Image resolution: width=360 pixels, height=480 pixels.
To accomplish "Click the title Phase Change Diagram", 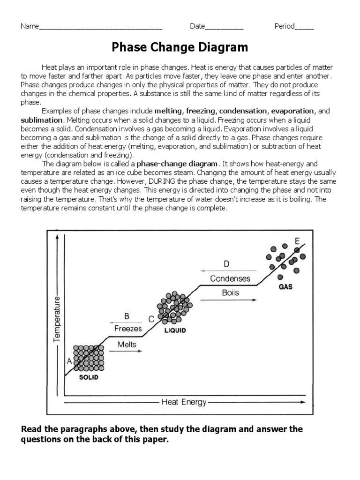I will pyautogui.click(x=180, y=47).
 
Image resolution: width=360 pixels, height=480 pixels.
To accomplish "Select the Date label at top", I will pyautogui.click(x=197, y=26).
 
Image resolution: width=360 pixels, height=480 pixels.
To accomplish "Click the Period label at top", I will pyautogui.click(x=285, y=26).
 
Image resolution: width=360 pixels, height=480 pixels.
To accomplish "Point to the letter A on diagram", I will pyautogui.click(x=69, y=361).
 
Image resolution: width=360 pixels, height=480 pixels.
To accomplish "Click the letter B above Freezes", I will pyautogui.click(x=127, y=316).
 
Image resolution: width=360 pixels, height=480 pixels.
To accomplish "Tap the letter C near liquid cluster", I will pyautogui.click(x=151, y=319).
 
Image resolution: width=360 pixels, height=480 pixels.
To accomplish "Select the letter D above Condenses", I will pyautogui.click(x=226, y=264).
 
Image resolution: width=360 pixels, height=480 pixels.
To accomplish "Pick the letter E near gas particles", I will pyautogui.click(x=297, y=241).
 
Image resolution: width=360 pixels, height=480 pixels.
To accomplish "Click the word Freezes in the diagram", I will pyautogui.click(x=128, y=329).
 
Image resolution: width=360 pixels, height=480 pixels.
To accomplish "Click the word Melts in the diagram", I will pyautogui.click(x=127, y=345).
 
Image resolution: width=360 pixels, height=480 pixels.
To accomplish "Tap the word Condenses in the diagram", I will pyautogui.click(x=230, y=278).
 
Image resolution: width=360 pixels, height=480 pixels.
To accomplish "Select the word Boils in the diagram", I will pyautogui.click(x=230, y=292).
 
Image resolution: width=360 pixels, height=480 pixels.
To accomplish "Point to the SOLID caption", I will pyautogui.click(x=88, y=377).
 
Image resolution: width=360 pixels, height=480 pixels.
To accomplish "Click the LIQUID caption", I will pyautogui.click(x=175, y=330).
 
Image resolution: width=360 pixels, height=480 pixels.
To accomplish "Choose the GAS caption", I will pyautogui.click(x=285, y=287).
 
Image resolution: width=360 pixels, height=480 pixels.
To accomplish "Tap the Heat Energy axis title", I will pyautogui.click(x=184, y=402).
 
